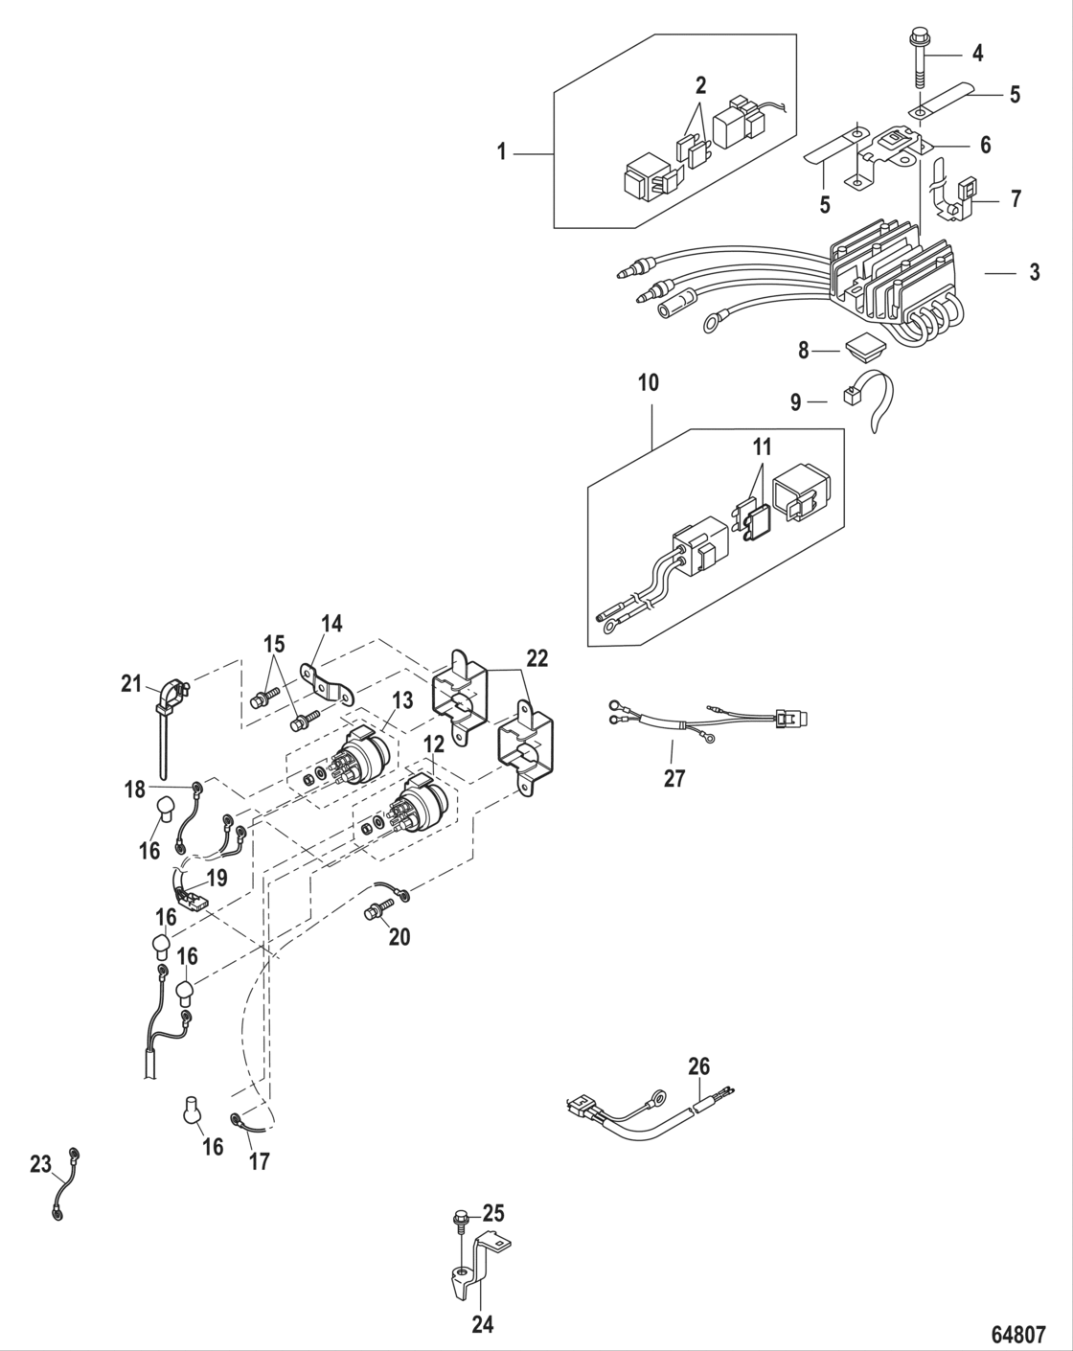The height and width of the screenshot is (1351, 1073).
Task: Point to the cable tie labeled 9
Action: coord(872,402)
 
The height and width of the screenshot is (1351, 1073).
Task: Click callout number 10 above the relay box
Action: coord(649,383)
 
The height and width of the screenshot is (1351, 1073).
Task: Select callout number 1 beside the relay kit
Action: coord(501,151)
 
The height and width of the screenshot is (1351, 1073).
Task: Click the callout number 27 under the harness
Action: coord(674,778)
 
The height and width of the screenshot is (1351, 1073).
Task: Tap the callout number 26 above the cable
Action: coord(699,1065)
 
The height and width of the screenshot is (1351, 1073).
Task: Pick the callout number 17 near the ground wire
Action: coord(259,1160)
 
